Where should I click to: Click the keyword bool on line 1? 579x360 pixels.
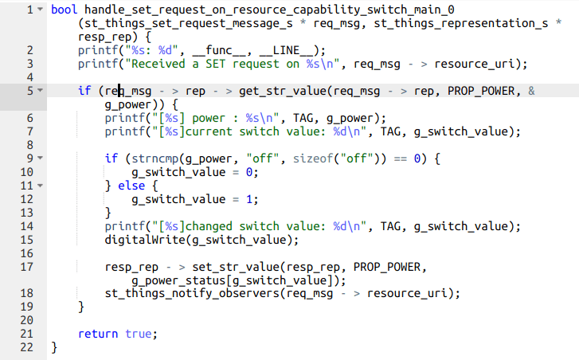pyautogui.click(x=62, y=10)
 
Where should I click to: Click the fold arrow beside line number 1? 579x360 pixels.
pyautogui.click(x=40, y=10)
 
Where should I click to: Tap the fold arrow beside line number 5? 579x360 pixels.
pyautogui.click(x=40, y=91)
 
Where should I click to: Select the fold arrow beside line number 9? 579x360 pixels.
pyautogui.click(x=40, y=158)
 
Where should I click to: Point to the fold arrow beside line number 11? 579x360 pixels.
pyautogui.click(x=40, y=186)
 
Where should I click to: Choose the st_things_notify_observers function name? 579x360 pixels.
pyautogui.click(x=191, y=293)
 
